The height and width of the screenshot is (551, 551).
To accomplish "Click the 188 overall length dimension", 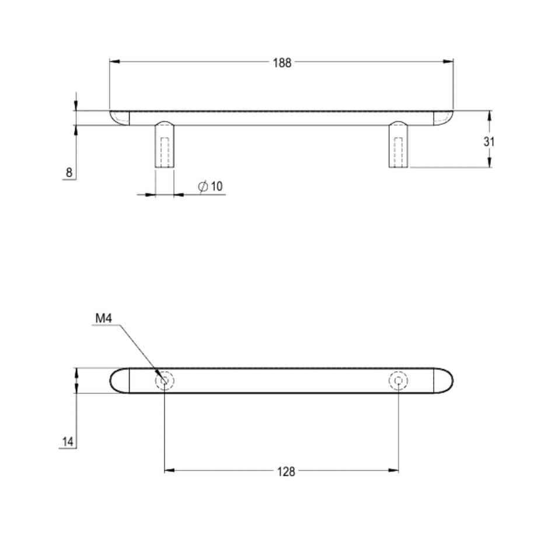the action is point(282,63).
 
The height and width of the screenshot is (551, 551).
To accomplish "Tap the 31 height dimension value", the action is point(489,142).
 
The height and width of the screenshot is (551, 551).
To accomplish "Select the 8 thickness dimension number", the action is point(69,173).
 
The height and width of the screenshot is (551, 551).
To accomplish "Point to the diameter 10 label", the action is point(211,186).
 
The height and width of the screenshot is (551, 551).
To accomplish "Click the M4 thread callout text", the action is point(104,318).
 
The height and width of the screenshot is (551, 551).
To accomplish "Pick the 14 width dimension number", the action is point(68,442).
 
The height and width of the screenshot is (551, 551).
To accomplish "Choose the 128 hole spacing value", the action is point(286,472).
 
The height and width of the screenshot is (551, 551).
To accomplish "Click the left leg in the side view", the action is point(165,144).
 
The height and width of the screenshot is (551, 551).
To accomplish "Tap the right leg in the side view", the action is point(399,144).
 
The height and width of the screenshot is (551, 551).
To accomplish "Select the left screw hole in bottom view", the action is point(165,381).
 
